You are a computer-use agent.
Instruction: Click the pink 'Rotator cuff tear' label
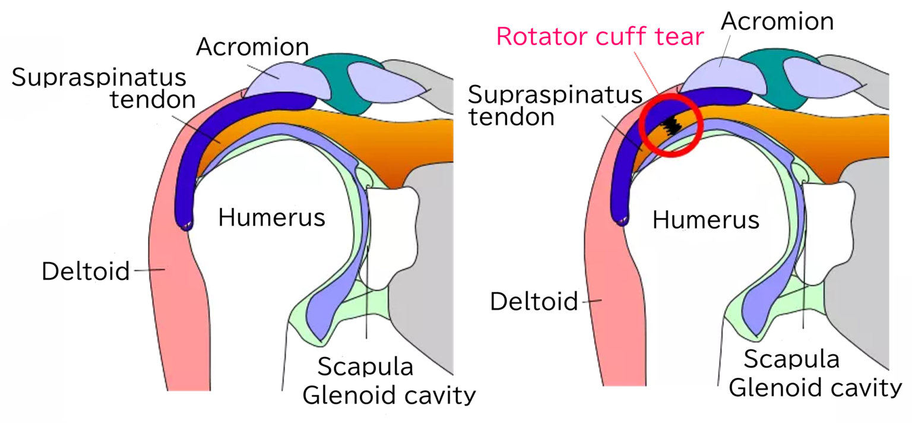point(600,36)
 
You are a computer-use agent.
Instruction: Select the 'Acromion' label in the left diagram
point(253,48)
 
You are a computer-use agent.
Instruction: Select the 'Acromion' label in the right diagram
point(777,21)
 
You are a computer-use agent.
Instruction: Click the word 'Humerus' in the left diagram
point(271,218)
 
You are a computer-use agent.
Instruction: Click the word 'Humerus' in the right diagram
point(706,220)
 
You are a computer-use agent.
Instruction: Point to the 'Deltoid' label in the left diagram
point(85,272)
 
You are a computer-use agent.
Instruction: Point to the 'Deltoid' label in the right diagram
point(534,302)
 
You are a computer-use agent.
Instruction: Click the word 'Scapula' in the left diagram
point(365,367)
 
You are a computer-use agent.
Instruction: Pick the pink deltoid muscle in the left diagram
point(178,297)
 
